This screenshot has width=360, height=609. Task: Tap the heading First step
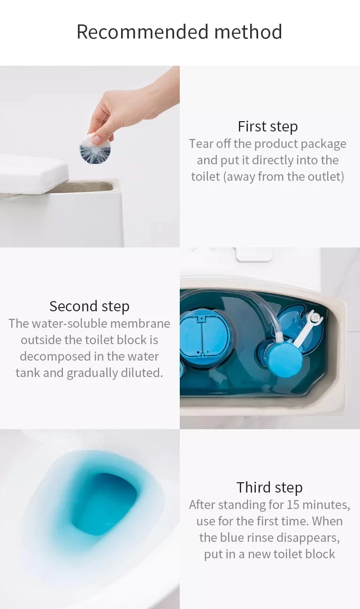click(x=268, y=126)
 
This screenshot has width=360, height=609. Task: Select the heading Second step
click(x=89, y=306)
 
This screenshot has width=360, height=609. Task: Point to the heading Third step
click(x=269, y=487)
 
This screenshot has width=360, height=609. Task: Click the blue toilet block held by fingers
click(x=94, y=149)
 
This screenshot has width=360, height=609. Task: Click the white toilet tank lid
click(x=33, y=174)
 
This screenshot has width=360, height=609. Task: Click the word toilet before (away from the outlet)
click(x=205, y=177)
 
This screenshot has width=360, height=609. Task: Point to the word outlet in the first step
click(x=327, y=177)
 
